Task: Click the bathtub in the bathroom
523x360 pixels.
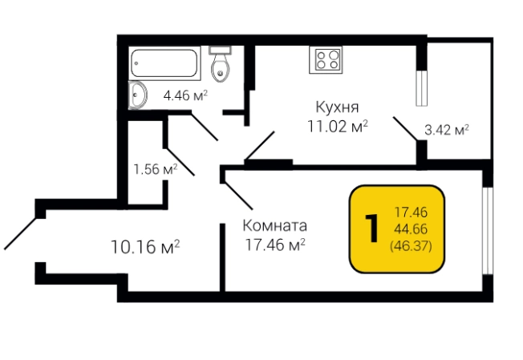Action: [164, 63]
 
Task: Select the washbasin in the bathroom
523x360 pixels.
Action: [138, 95]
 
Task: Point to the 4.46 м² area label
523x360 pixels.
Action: [185, 95]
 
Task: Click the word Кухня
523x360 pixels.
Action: [336, 107]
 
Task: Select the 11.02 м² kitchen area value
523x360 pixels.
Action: [337, 126]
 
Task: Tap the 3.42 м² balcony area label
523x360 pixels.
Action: [446, 129]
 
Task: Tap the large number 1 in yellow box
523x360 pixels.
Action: [371, 229]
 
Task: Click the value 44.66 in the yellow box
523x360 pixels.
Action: [410, 229]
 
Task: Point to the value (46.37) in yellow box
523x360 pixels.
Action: [410, 246]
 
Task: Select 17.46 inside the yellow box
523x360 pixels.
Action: [410, 212]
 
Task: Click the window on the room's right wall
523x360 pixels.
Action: [486, 229]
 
